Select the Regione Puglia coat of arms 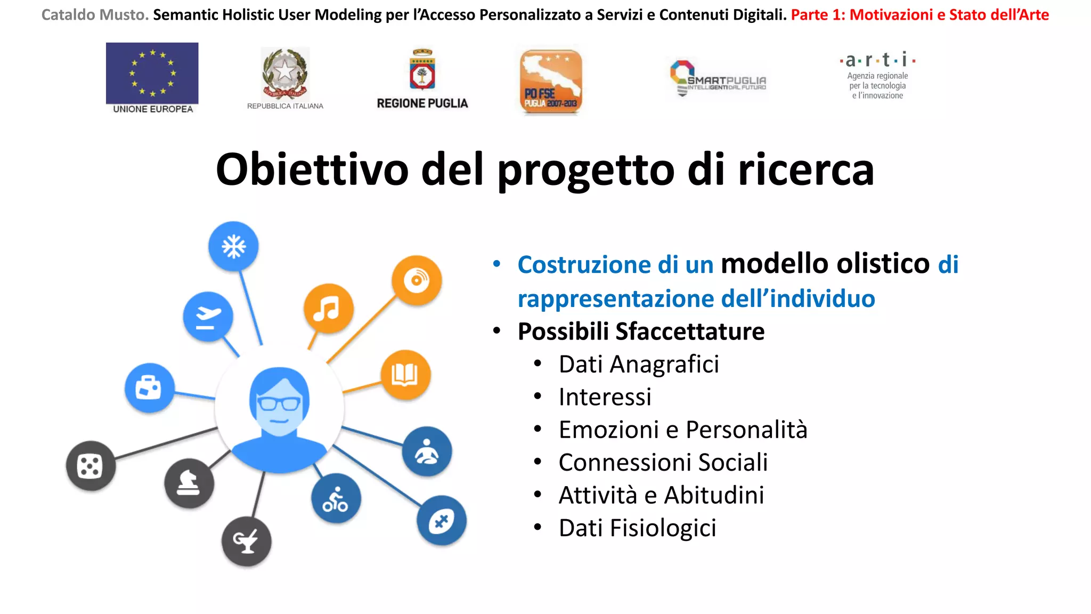click(x=422, y=70)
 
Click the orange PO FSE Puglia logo click(x=551, y=82)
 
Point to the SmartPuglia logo click(x=718, y=79)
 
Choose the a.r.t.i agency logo click(x=877, y=76)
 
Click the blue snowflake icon click(x=233, y=247)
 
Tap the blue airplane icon click(x=208, y=317)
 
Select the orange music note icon click(x=328, y=309)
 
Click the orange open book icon click(x=405, y=375)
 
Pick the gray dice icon click(x=91, y=466)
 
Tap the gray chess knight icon click(x=189, y=483)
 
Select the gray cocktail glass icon click(x=246, y=542)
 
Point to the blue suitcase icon click(x=149, y=387)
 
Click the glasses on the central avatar click(x=278, y=403)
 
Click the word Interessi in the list click(x=605, y=397)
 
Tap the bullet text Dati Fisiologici click(x=637, y=528)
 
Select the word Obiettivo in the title click(x=312, y=169)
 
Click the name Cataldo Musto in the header click(x=95, y=15)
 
